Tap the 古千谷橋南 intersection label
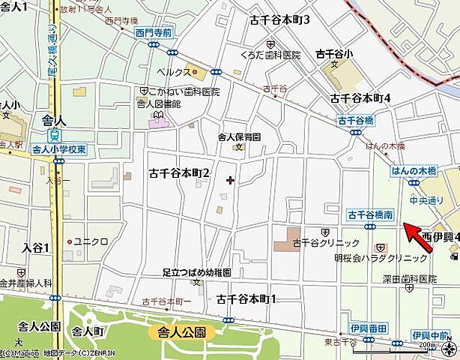click(371, 215)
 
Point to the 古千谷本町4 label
click(361, 98)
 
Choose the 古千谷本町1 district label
click(246, 298)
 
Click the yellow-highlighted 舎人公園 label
click(181, 331)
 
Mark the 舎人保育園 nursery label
click(238, 137)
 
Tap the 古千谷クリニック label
click(324, 242)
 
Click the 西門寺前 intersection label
click(154, 32)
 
